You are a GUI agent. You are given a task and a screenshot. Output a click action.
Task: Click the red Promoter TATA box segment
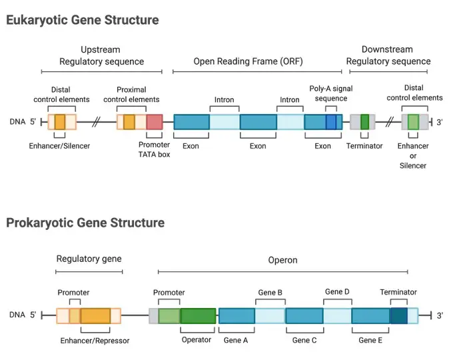pyautogui.click(x=155, y=122)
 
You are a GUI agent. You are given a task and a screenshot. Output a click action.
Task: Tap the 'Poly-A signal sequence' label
pyautogui.click(x=331, y=93)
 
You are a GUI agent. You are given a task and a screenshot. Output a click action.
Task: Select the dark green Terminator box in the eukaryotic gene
pyautogui.click(x=364, y=122)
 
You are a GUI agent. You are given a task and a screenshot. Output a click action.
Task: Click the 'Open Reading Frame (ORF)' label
pyautogui.click(x=248, y=61)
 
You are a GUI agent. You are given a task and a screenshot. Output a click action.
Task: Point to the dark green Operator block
pyautogui.click(x=198, y=316)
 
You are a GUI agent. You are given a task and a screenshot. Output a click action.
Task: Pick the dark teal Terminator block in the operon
pyautogui.click(x=399, y=316)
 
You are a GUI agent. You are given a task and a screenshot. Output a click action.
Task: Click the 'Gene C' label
pyautogui.click(x=304, y=340)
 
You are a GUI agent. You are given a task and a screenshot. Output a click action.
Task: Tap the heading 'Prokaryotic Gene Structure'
pyautogui.click(x=85, y=223)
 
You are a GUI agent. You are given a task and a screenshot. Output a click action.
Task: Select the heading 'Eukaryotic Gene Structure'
pyautogui.click(x=83, y=20)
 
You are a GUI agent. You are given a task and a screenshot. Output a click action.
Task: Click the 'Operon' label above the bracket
pyautogui.click(x=282, y=260)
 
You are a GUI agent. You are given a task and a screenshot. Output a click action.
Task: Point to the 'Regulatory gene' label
pyautogui.click(x=89, y=259)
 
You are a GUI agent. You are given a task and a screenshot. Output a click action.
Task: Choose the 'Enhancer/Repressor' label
pyautogui.click(x=95, y=341)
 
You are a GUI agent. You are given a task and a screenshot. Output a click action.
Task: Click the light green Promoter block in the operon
pyautogui.click(x=169, y=316)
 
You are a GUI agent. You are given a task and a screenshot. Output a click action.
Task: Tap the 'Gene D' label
pyautogui.click(x=337, y=292)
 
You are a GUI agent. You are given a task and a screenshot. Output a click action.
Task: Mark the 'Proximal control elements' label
pyautogui.click(x=131, y=95)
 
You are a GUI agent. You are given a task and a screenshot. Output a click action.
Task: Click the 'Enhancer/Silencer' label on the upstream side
pyautogui.click(x=59, y=146)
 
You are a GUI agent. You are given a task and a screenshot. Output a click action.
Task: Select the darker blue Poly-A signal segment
pyautogui.click(x=330, y=122)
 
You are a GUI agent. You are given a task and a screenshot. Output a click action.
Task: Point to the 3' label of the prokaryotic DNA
pyautogui.click(x=440, y=315)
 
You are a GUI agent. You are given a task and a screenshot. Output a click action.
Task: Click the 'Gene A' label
pyautogui.click(x=236, y=340)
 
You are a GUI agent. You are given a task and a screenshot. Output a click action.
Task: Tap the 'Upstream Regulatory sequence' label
pyautogui.click(x=101, y=55)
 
